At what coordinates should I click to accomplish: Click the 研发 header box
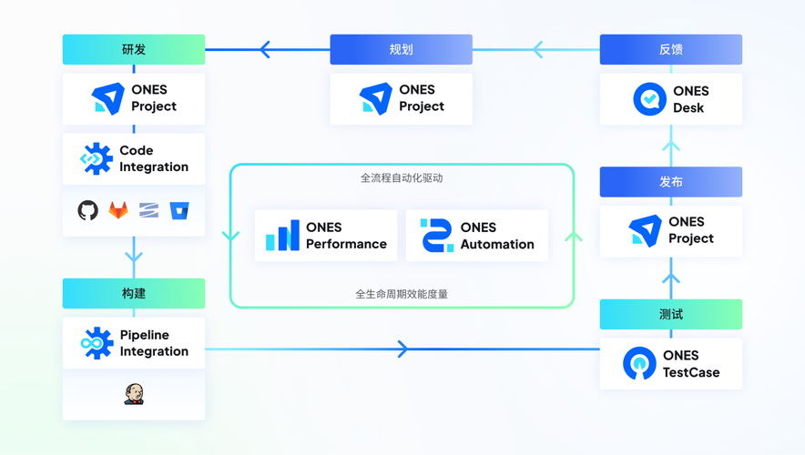click(134, 50)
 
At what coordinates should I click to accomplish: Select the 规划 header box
click(401, 50)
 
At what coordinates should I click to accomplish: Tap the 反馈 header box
click(670, 50)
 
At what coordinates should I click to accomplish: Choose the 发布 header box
click(670, 182)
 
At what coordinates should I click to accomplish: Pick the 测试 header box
click(670, 315)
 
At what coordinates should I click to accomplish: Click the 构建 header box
click(134, 294)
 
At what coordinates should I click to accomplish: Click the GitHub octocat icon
click(88, 210)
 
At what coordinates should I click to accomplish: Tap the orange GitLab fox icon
click(118, 210)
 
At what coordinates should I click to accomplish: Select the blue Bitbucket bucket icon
click(179, 210)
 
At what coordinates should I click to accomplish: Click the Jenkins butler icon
click(134, 394)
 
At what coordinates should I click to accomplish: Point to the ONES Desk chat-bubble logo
click(649, 99)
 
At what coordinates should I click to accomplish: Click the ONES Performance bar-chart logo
click(282, 236)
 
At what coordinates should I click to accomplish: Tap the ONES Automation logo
click(436, 236)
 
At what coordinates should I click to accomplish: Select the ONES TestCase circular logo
click(639, 364)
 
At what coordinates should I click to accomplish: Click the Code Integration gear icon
click(96, 159)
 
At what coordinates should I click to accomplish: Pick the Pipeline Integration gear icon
click(96, 344)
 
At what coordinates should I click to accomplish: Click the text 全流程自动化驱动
click(401, 178)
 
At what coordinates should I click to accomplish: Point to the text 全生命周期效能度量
click(401, 295)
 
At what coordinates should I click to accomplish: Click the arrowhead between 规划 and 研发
click(265, 50)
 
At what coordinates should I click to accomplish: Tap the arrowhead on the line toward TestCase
click(402, 349)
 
